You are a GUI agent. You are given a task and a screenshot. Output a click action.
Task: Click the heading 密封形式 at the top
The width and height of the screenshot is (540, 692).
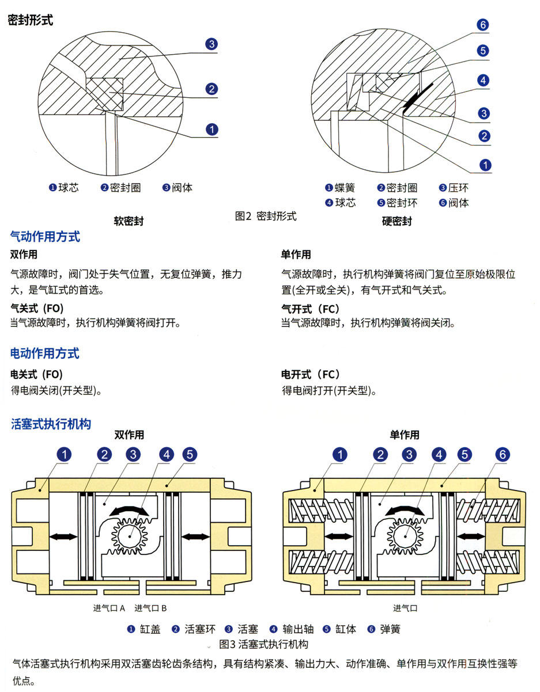click(30, 20)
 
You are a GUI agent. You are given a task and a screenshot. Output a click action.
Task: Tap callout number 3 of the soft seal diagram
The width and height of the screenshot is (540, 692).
click(212, 44)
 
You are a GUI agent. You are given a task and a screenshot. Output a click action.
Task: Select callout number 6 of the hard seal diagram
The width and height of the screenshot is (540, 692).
click(483, 25)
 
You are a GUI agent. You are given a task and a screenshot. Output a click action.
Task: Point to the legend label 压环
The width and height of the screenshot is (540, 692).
click(459, 188)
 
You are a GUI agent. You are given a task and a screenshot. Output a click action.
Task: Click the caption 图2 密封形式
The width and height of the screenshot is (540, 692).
click(266, 216)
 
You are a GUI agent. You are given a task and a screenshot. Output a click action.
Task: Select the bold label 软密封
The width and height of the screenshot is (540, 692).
click(129, 221)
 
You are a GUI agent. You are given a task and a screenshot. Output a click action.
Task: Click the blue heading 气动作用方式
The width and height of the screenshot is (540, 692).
click(45, 237)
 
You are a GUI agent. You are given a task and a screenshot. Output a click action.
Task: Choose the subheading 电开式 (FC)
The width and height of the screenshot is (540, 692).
click(311, 374)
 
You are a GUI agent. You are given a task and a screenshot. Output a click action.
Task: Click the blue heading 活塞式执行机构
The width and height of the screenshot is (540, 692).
click(51, 424)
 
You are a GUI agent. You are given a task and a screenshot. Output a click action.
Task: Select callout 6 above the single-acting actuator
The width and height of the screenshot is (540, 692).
click(501, 455)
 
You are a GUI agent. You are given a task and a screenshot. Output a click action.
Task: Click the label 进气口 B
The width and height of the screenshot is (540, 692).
click(151, 608)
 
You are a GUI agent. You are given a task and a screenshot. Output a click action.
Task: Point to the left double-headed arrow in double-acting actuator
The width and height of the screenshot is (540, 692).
click(63, 537)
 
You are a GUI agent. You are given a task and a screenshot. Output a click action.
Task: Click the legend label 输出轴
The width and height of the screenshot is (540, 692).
click(296, 629)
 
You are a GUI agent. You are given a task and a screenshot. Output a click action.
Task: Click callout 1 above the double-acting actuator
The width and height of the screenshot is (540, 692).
click(64, 455)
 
